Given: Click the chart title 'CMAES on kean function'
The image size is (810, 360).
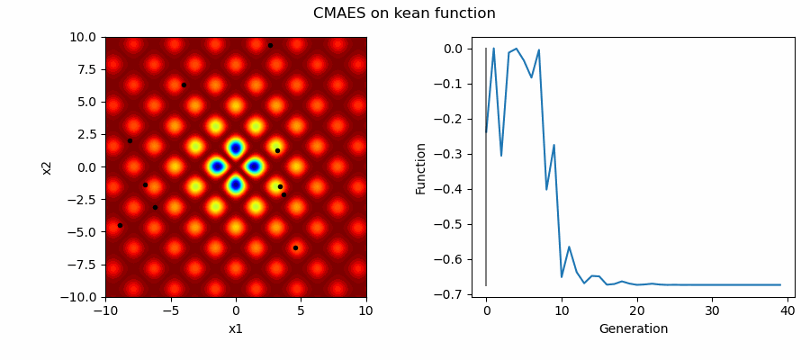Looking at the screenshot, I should pos(404,13).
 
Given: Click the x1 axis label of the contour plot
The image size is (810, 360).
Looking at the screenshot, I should pos(236,328).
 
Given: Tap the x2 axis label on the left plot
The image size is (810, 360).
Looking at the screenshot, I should pos(47,167).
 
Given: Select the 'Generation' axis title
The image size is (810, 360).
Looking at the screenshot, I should pos(633,328).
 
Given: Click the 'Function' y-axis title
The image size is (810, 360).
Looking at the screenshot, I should pos(420,167).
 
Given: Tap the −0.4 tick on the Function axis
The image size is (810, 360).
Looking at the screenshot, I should pos(454,189).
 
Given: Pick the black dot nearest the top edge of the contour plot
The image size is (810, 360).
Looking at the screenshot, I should pos(270,45).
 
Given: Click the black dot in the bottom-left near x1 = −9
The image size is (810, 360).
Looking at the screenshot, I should pos(120,225).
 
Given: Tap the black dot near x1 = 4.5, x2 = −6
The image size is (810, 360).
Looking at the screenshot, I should pos(295,247).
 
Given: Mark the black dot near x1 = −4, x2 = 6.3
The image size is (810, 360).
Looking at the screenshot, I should pos(184,85).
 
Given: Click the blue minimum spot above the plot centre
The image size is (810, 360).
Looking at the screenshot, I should pos(236,148).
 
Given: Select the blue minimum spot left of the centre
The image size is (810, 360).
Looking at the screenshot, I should pos(216,166).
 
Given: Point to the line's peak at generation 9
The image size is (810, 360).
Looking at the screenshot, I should pos(553,145).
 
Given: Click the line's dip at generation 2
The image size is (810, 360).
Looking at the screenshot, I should pos(501,156).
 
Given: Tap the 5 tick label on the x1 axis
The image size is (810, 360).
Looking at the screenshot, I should pos(301,310).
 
